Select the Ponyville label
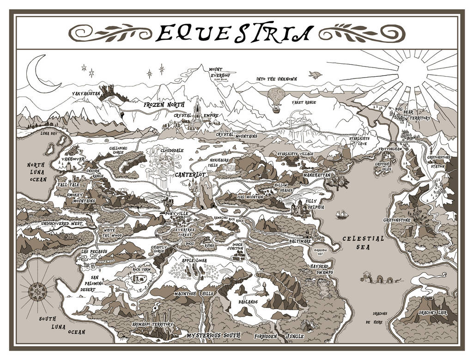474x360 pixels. pyautogui.click(x=176, y=214)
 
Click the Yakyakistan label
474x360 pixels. pyautogui.click(x=86, y=93)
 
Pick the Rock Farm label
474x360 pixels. pyautogui.click(x=142, y=269)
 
